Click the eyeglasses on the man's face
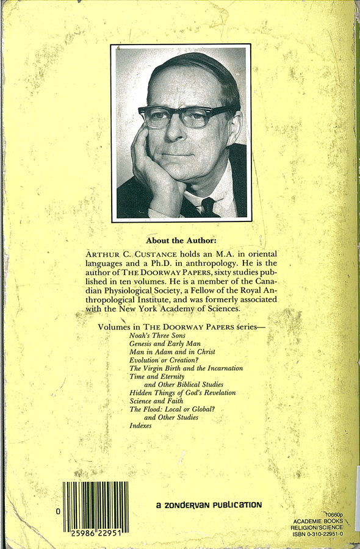[x=183, y=116]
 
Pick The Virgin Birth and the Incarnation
[x=186, y=368]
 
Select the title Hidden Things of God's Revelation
[x=182, y=393]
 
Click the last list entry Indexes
[x=140, y=425]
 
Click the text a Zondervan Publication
[x=208, y=504]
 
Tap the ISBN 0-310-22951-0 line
[x=317, y=534]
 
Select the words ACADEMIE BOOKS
[x=318, y=522]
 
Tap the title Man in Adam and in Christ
[x=172, y=353]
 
